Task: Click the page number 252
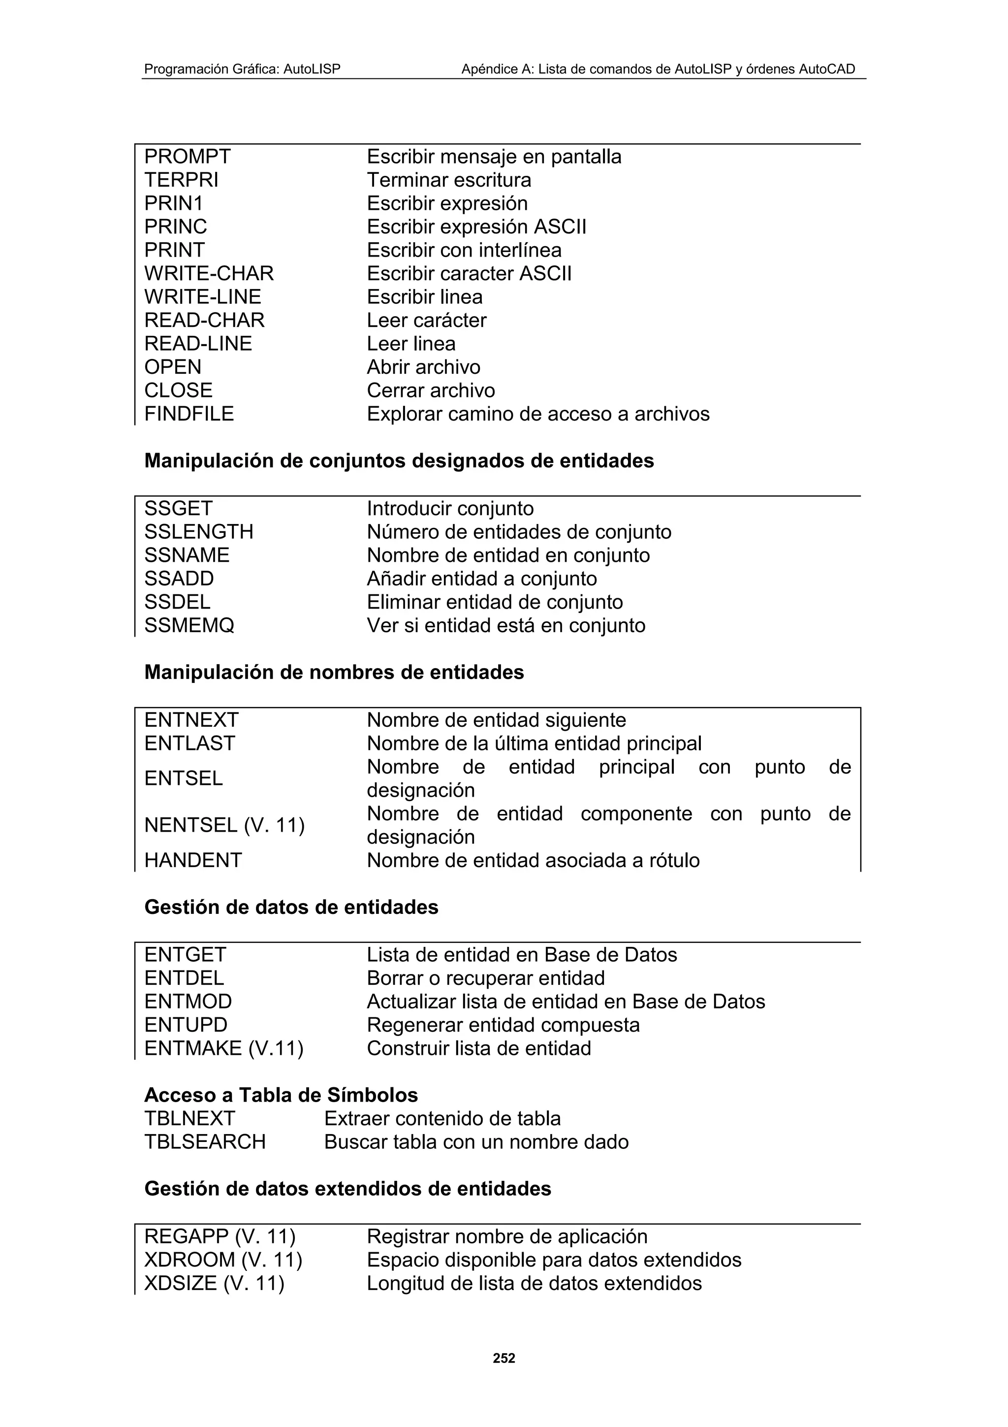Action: coord(504,1359)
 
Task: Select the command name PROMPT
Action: coord(188,157)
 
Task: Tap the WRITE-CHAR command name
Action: coord(209,273)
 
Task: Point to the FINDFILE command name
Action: coord(189,414)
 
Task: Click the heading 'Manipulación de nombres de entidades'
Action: coord(334,673)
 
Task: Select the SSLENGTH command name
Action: coord(199,532)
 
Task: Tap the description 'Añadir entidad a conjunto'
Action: coord(481,579)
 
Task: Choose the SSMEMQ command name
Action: coord(189,625)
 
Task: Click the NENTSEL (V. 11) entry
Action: coord(224,825)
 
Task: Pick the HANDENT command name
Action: coord(192,860)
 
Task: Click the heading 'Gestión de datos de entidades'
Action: coord(291,908)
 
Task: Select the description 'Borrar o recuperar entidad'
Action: coord(485,978)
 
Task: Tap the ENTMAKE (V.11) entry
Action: coord(223,1048)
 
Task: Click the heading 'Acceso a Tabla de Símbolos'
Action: coord(281,1095)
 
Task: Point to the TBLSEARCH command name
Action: coord(205,1142)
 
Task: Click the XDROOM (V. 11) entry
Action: coord(223,1260)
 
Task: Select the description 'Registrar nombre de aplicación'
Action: coord(507,1236)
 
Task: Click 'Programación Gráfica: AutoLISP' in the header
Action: coord(242,69)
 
